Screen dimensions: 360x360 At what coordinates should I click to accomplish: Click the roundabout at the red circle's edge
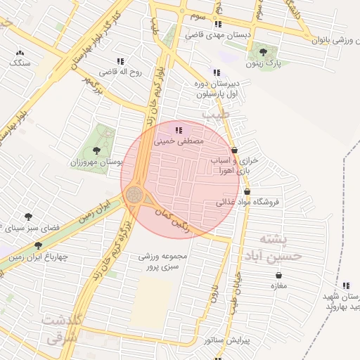click(136, 194)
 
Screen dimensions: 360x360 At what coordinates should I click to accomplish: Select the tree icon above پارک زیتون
click(263, 52)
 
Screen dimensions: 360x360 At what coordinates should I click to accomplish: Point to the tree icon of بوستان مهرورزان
click(96, 150)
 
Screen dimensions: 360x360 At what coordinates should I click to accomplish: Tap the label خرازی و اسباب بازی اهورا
click(235, 165)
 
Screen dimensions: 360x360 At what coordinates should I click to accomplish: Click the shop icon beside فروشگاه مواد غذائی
click(247, 191)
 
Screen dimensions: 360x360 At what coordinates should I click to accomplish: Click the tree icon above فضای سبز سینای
click(28, 217)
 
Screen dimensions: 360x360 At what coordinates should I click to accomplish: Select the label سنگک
click(20, 63)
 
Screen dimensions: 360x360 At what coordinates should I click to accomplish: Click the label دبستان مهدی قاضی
click(214, 34)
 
